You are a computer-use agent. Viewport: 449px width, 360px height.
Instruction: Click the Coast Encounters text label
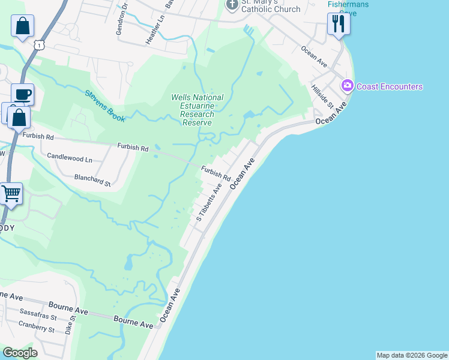[390, 86]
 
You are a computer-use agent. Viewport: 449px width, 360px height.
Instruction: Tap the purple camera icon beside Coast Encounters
[347, 86]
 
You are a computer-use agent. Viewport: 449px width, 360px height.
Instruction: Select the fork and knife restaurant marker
[339, 24]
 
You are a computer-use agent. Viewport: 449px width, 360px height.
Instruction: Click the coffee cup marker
[22, 95]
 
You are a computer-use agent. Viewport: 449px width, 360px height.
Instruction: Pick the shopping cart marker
[10, 194]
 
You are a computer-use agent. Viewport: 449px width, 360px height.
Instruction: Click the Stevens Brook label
[104, 106]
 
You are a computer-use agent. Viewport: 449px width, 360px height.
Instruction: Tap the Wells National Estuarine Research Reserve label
[197, 110]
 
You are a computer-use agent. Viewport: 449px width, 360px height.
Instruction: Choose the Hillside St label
[322, 97]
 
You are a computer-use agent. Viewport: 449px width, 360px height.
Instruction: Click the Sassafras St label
[38, 316]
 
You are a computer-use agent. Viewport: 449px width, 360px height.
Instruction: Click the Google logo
[20, 353]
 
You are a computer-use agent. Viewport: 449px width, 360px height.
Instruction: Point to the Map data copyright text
[412, 355]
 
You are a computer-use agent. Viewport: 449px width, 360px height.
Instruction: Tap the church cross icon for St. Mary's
[232, 5]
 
